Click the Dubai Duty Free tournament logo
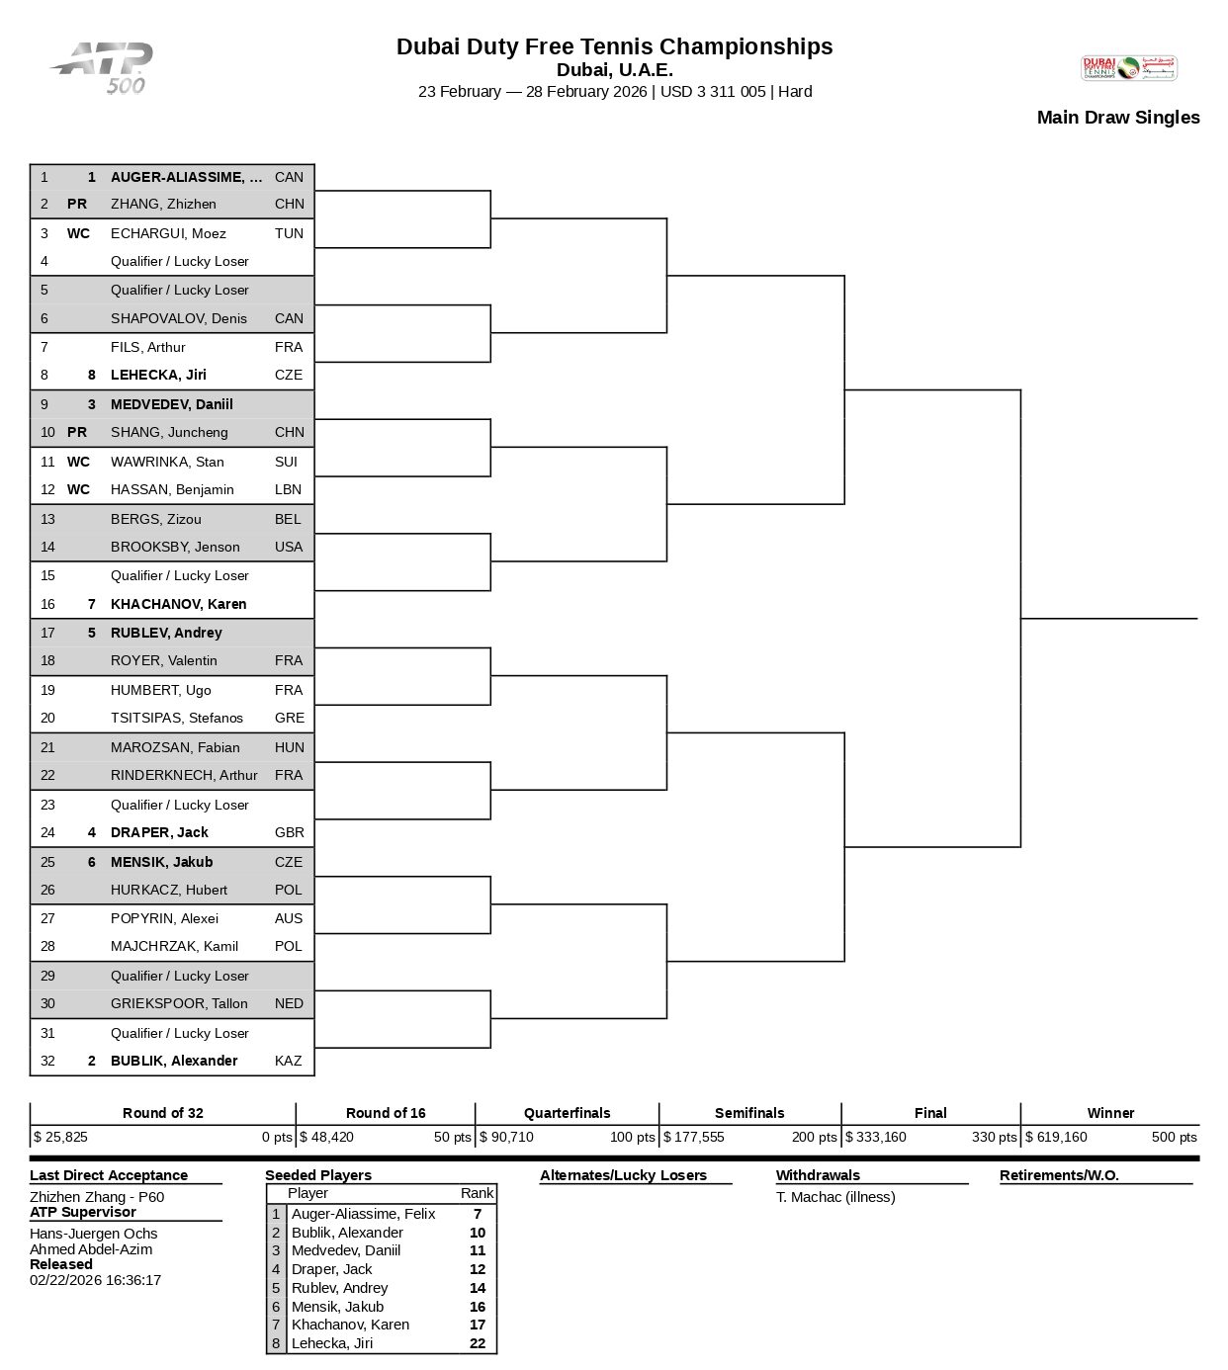click(x=1128, y=67)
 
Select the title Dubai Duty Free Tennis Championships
click(x=614, y=46)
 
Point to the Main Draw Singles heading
click(x=1117, y=118)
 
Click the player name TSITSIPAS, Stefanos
click(x=176, y=718)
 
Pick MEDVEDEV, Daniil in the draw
click(x=171, y=404)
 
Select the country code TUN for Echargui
click(x=289, y=233)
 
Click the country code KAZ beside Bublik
click(x=288, y=1061)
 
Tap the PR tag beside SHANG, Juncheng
click(x=76, y=432)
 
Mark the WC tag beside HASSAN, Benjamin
click(x=78, y=489)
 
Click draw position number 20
click(x=47, y=718)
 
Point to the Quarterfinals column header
click(x=567, y=1113)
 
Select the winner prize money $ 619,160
click(x=1056, y=1137)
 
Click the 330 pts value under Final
click(x=994, y=1137)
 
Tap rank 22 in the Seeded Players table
click(x=478, y=1343)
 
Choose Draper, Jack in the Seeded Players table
click(x=331, y=1269)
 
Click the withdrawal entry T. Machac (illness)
click(x=835, y=1197)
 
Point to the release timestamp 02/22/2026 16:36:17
click(x=95, y=1280)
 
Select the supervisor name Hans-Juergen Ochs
click(x=93, y=1234)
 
